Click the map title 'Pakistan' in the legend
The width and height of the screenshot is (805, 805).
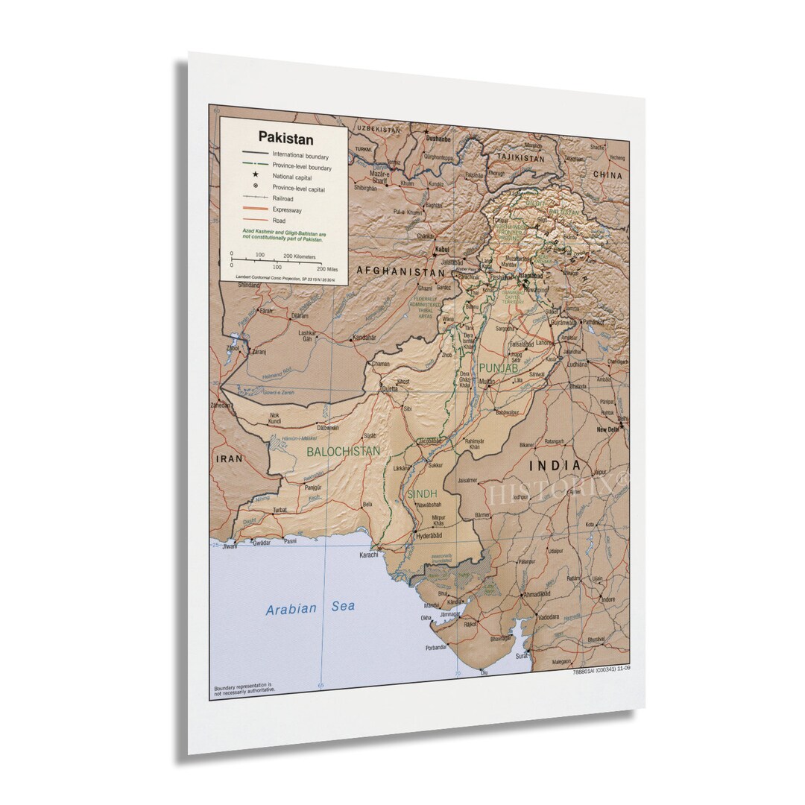[x=275, y=138]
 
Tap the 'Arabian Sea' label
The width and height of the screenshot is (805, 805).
[x=310, y=608]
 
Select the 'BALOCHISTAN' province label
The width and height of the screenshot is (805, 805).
[x=343, y=451]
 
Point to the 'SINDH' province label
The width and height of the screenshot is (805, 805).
[x=421, y=493]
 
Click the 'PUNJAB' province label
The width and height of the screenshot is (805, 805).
[x=498, y=367]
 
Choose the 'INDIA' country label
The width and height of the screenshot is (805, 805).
[x=555, y=465]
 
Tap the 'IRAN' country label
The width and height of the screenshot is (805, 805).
[x=230, y=458]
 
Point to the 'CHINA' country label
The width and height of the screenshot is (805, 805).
[x=607, y=174]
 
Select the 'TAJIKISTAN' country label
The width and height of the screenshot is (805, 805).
[x=522, y=158]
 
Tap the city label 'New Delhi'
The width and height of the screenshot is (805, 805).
[x=609, y=430]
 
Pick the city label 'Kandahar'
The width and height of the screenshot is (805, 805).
[x=364, y=338]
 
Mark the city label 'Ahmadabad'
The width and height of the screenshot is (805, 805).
[x=537, y=594]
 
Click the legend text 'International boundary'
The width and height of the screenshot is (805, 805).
[x=300, y=156]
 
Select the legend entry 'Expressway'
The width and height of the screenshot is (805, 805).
[x=288, y=209]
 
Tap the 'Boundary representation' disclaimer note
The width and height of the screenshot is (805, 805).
[x=243, y=687]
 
